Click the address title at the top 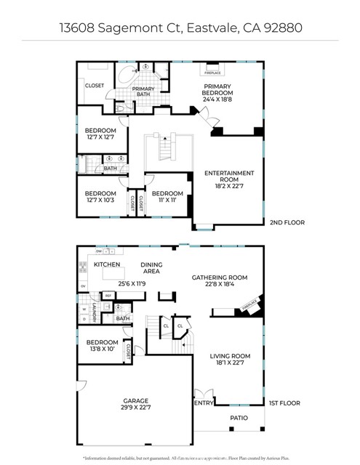tap(179, 26)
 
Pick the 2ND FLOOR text tap(287, 222)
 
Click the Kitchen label tap(107, 265)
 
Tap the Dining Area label tap(151, 268)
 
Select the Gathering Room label tap(220, 281)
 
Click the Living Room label tap(230, 360)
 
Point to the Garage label tap(135, 405)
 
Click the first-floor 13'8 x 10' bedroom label tap(102, 346)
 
